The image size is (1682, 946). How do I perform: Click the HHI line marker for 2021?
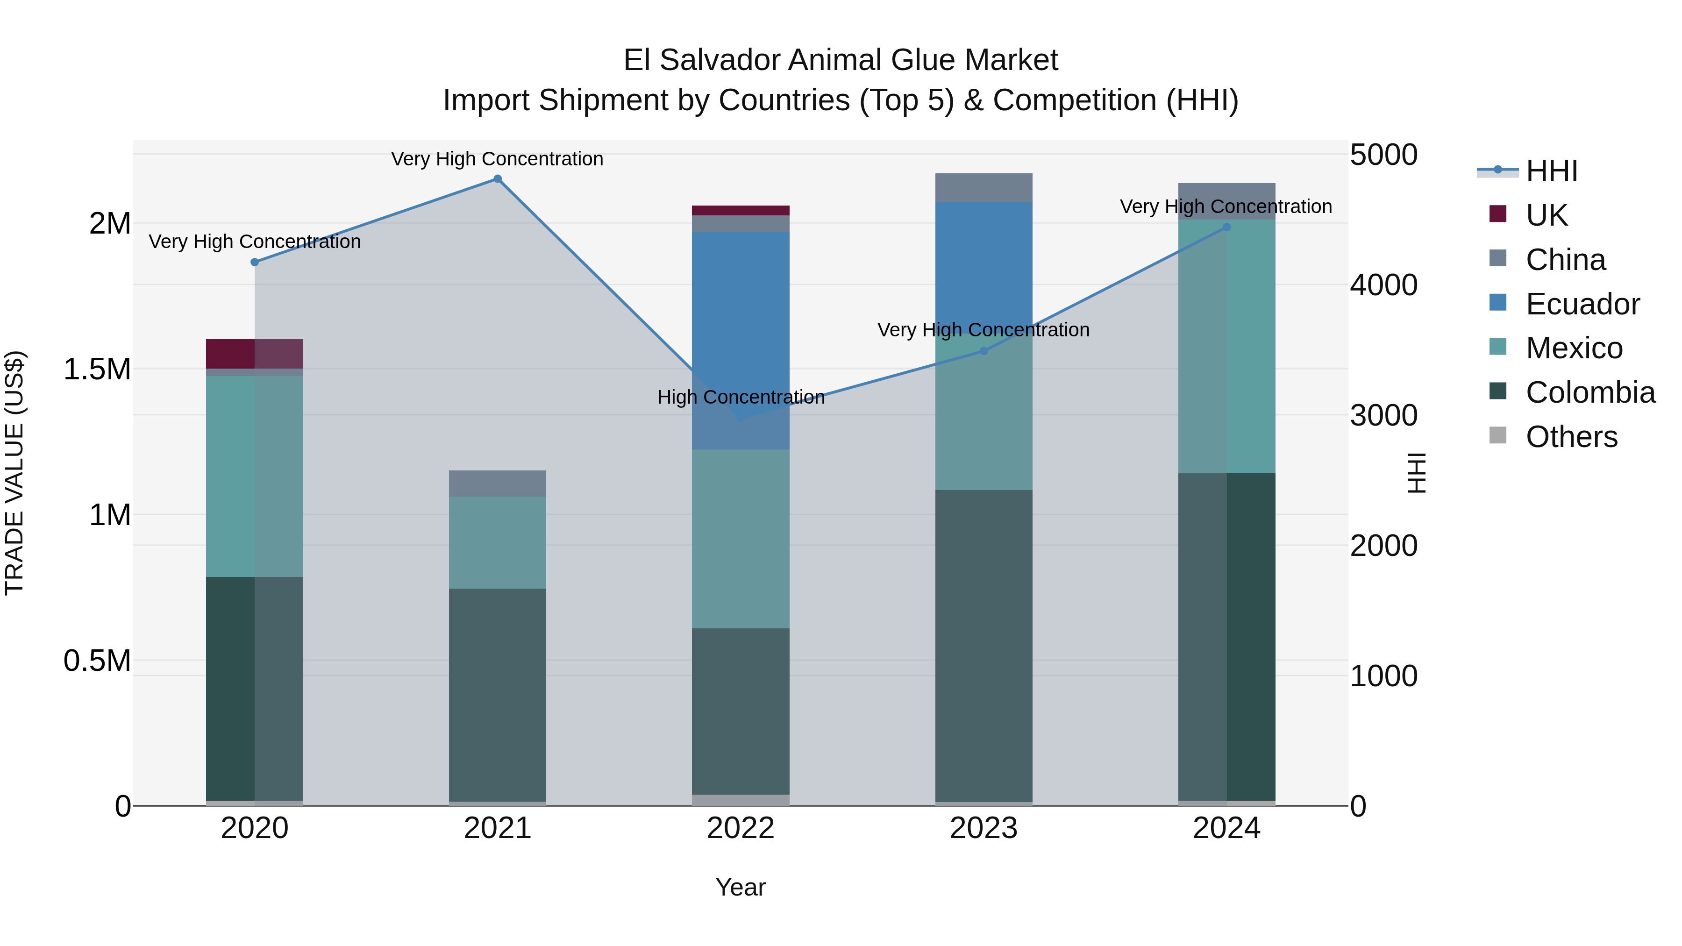point(498,179)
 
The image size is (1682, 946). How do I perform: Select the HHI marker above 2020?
point(255,263)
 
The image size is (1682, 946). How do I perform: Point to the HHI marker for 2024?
point(1226,227)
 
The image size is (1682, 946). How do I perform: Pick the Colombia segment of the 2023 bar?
point(984,647)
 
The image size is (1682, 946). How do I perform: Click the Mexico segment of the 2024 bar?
point(1226,346)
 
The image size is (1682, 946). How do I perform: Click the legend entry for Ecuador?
point(1582,304)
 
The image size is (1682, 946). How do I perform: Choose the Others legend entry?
point(1571,437)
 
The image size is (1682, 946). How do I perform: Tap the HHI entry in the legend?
point(1551,171)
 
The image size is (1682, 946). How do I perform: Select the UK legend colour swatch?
point(1498,214)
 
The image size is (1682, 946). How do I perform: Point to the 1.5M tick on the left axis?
point(97,370)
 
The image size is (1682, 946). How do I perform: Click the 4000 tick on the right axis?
point(1383,285)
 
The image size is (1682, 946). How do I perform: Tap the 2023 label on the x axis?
point(984,828)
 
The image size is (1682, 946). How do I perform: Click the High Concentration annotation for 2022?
point(741,397)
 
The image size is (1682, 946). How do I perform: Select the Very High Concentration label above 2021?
point(497,159)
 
